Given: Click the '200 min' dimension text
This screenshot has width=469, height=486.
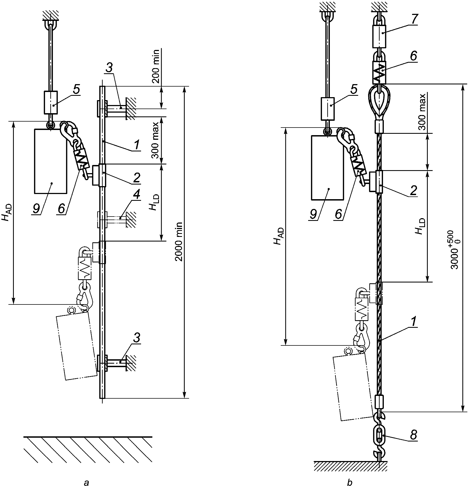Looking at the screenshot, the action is (156, 66).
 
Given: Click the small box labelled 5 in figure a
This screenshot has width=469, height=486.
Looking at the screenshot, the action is (51, 103).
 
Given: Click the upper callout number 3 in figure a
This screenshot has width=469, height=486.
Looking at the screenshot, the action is (109, 68).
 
